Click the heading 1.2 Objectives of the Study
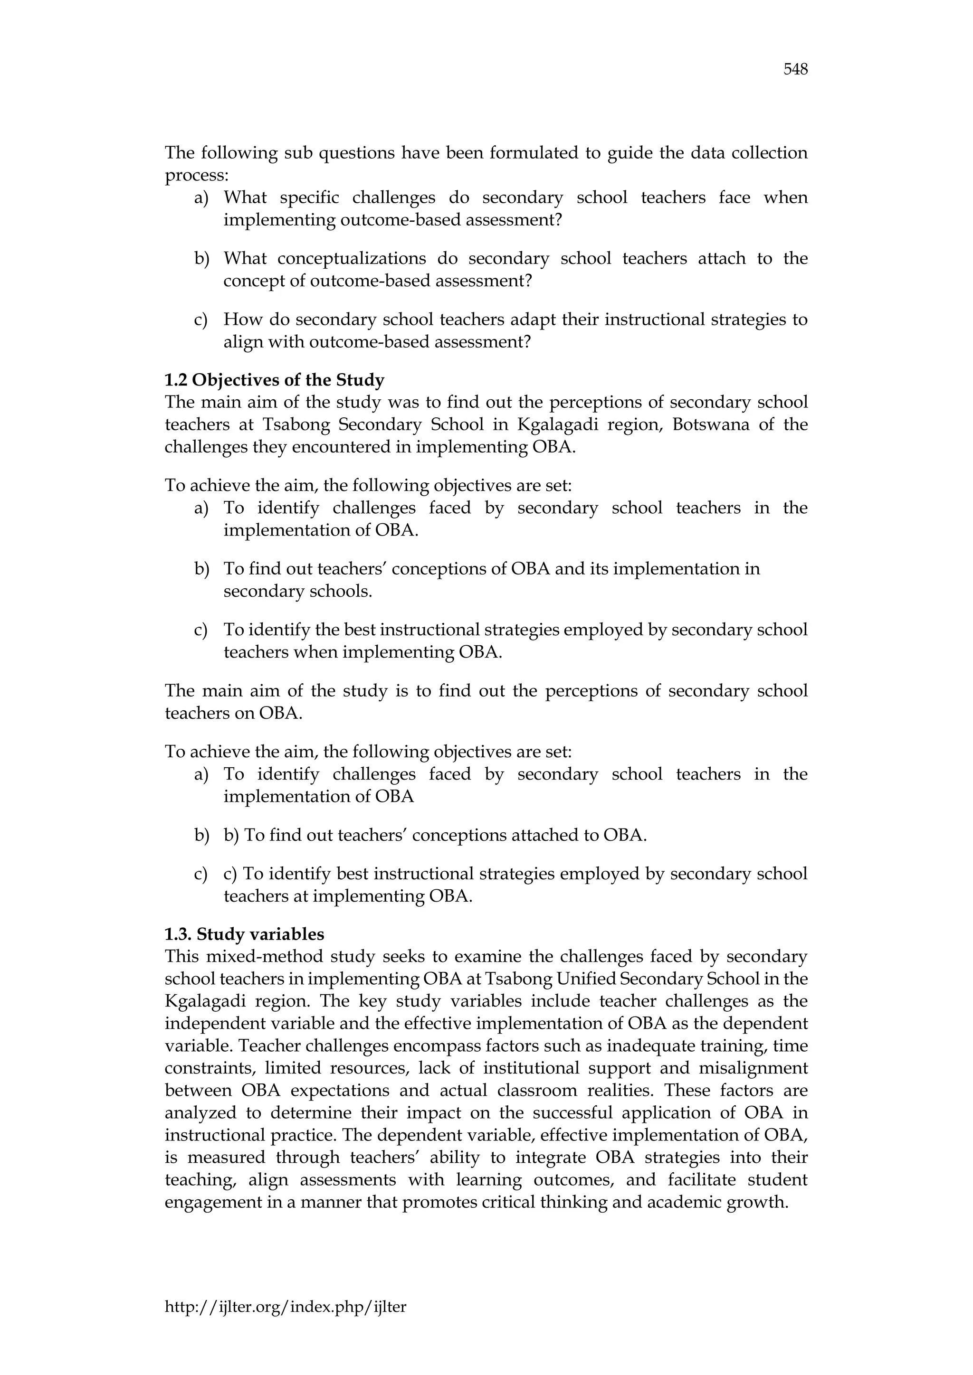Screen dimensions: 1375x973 click(275, 380)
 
